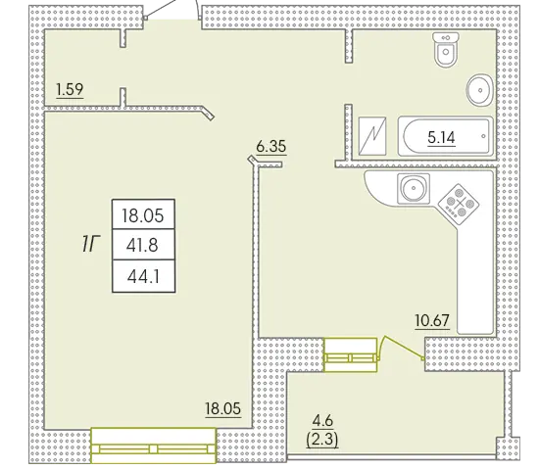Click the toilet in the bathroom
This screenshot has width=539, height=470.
point(446,50)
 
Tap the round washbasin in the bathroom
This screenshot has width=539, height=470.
point(480,90)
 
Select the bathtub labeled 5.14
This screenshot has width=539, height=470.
point(445,136)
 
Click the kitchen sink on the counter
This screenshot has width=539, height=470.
point(414,188)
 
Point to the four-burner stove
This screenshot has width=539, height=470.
point(459,201)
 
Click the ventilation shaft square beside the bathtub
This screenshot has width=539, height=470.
point(372,136)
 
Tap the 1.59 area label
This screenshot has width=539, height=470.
point(70,89)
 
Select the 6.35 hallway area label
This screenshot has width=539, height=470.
point(271,146)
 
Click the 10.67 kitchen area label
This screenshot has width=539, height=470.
point(432,320)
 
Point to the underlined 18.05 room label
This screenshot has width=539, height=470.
point(223,409)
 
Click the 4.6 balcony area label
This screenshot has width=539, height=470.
point(322,420)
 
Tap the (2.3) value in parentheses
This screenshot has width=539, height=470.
point(322,440)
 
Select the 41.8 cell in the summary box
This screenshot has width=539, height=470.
point(142,246)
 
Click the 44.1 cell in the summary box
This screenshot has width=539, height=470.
point(143,276)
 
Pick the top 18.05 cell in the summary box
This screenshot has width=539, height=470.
point(143,215)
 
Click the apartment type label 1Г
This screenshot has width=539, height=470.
point(90,245)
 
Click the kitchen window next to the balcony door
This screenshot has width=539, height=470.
point(351,354)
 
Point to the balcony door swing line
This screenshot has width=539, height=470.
point(401,347)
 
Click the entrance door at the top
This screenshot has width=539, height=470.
point(171,11)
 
